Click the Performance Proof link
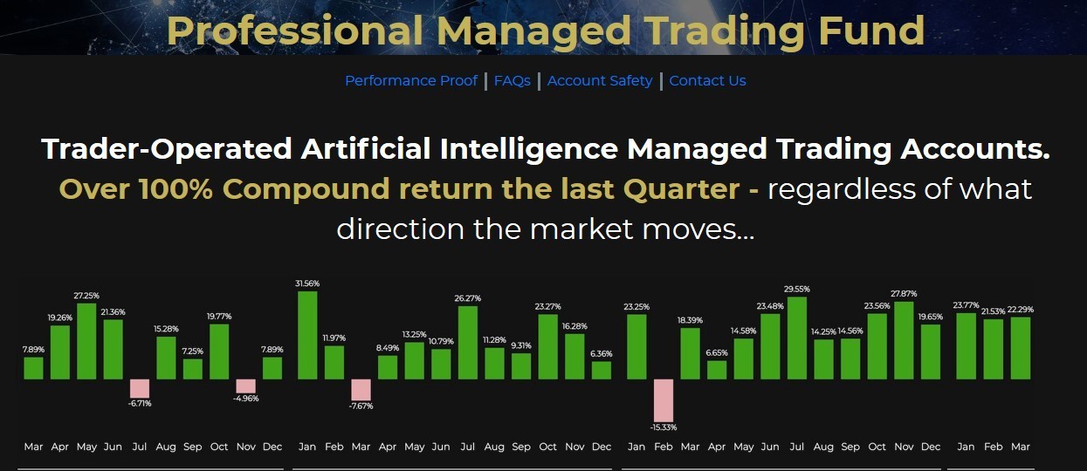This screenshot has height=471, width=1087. (x=411, y=80)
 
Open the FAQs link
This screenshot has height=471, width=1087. (x=512, y=80)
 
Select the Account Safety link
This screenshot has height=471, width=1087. (x=600, y=80)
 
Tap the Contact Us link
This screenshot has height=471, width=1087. (x=707, y=80)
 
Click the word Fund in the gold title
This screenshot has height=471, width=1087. (x=871, y=30)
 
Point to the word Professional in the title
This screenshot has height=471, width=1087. (x=294, y=30)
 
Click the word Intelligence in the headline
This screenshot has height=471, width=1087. (x=529, y=149)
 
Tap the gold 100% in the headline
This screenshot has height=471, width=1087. (x=175, y=188)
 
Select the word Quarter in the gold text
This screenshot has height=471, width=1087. (x=681, y=188)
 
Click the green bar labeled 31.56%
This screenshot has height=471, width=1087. (x=307, y=335)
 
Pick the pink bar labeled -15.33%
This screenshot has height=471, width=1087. (x=664, y=400)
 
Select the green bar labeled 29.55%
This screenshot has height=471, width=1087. (x=797, y=338)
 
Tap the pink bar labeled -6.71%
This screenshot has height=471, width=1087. (x=140, y=389)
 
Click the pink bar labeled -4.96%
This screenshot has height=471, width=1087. (x=245, y=386)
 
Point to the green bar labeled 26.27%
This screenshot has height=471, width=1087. (x=468, y=343)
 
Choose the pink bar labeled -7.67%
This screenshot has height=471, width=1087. (x=361, y=390)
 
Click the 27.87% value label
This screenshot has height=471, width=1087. (x=904, y=294)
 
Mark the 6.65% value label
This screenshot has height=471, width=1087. (x=717, y=352)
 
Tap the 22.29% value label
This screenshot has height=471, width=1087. (x=1021, y=309)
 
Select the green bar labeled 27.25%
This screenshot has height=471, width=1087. (x=86, y=341)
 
